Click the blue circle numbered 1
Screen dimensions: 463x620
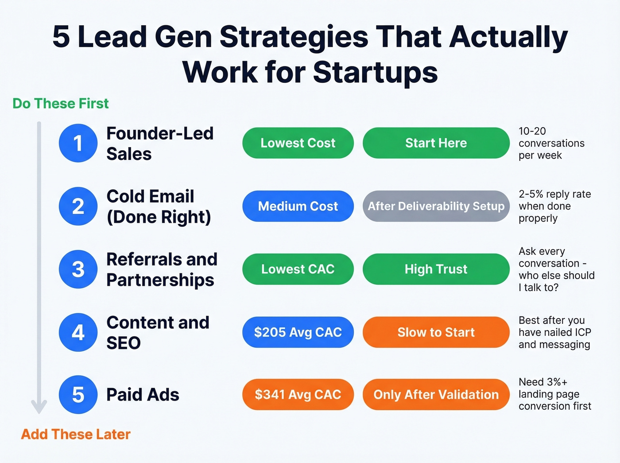pos(78,143)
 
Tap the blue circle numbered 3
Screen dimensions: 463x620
pos(78,269)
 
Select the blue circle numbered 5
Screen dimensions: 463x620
pos(78,395)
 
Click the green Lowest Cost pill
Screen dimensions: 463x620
pos(298,143)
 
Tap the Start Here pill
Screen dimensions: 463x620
pos(436,143)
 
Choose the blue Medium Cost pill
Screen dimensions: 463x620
pos(298,206)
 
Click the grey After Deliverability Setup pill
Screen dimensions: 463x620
pos(436,206)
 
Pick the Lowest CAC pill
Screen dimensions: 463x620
pos(298,269)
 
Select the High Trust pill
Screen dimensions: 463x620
pos(436,269)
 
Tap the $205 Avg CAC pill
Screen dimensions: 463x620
pos(298,332)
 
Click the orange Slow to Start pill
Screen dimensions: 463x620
pos(436,332)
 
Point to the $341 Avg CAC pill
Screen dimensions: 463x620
pos(298,394)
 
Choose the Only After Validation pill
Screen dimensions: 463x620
pos(436,394)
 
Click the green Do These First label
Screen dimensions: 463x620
pos(61,104)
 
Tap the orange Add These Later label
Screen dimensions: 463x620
pos(76,434)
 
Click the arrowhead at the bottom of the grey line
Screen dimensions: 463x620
pos(39,406)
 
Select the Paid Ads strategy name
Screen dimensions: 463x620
pos(143,395)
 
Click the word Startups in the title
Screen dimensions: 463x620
pos(376,72)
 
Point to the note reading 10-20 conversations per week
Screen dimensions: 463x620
pos(551,143)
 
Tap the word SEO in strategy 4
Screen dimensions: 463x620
pos(124,343)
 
